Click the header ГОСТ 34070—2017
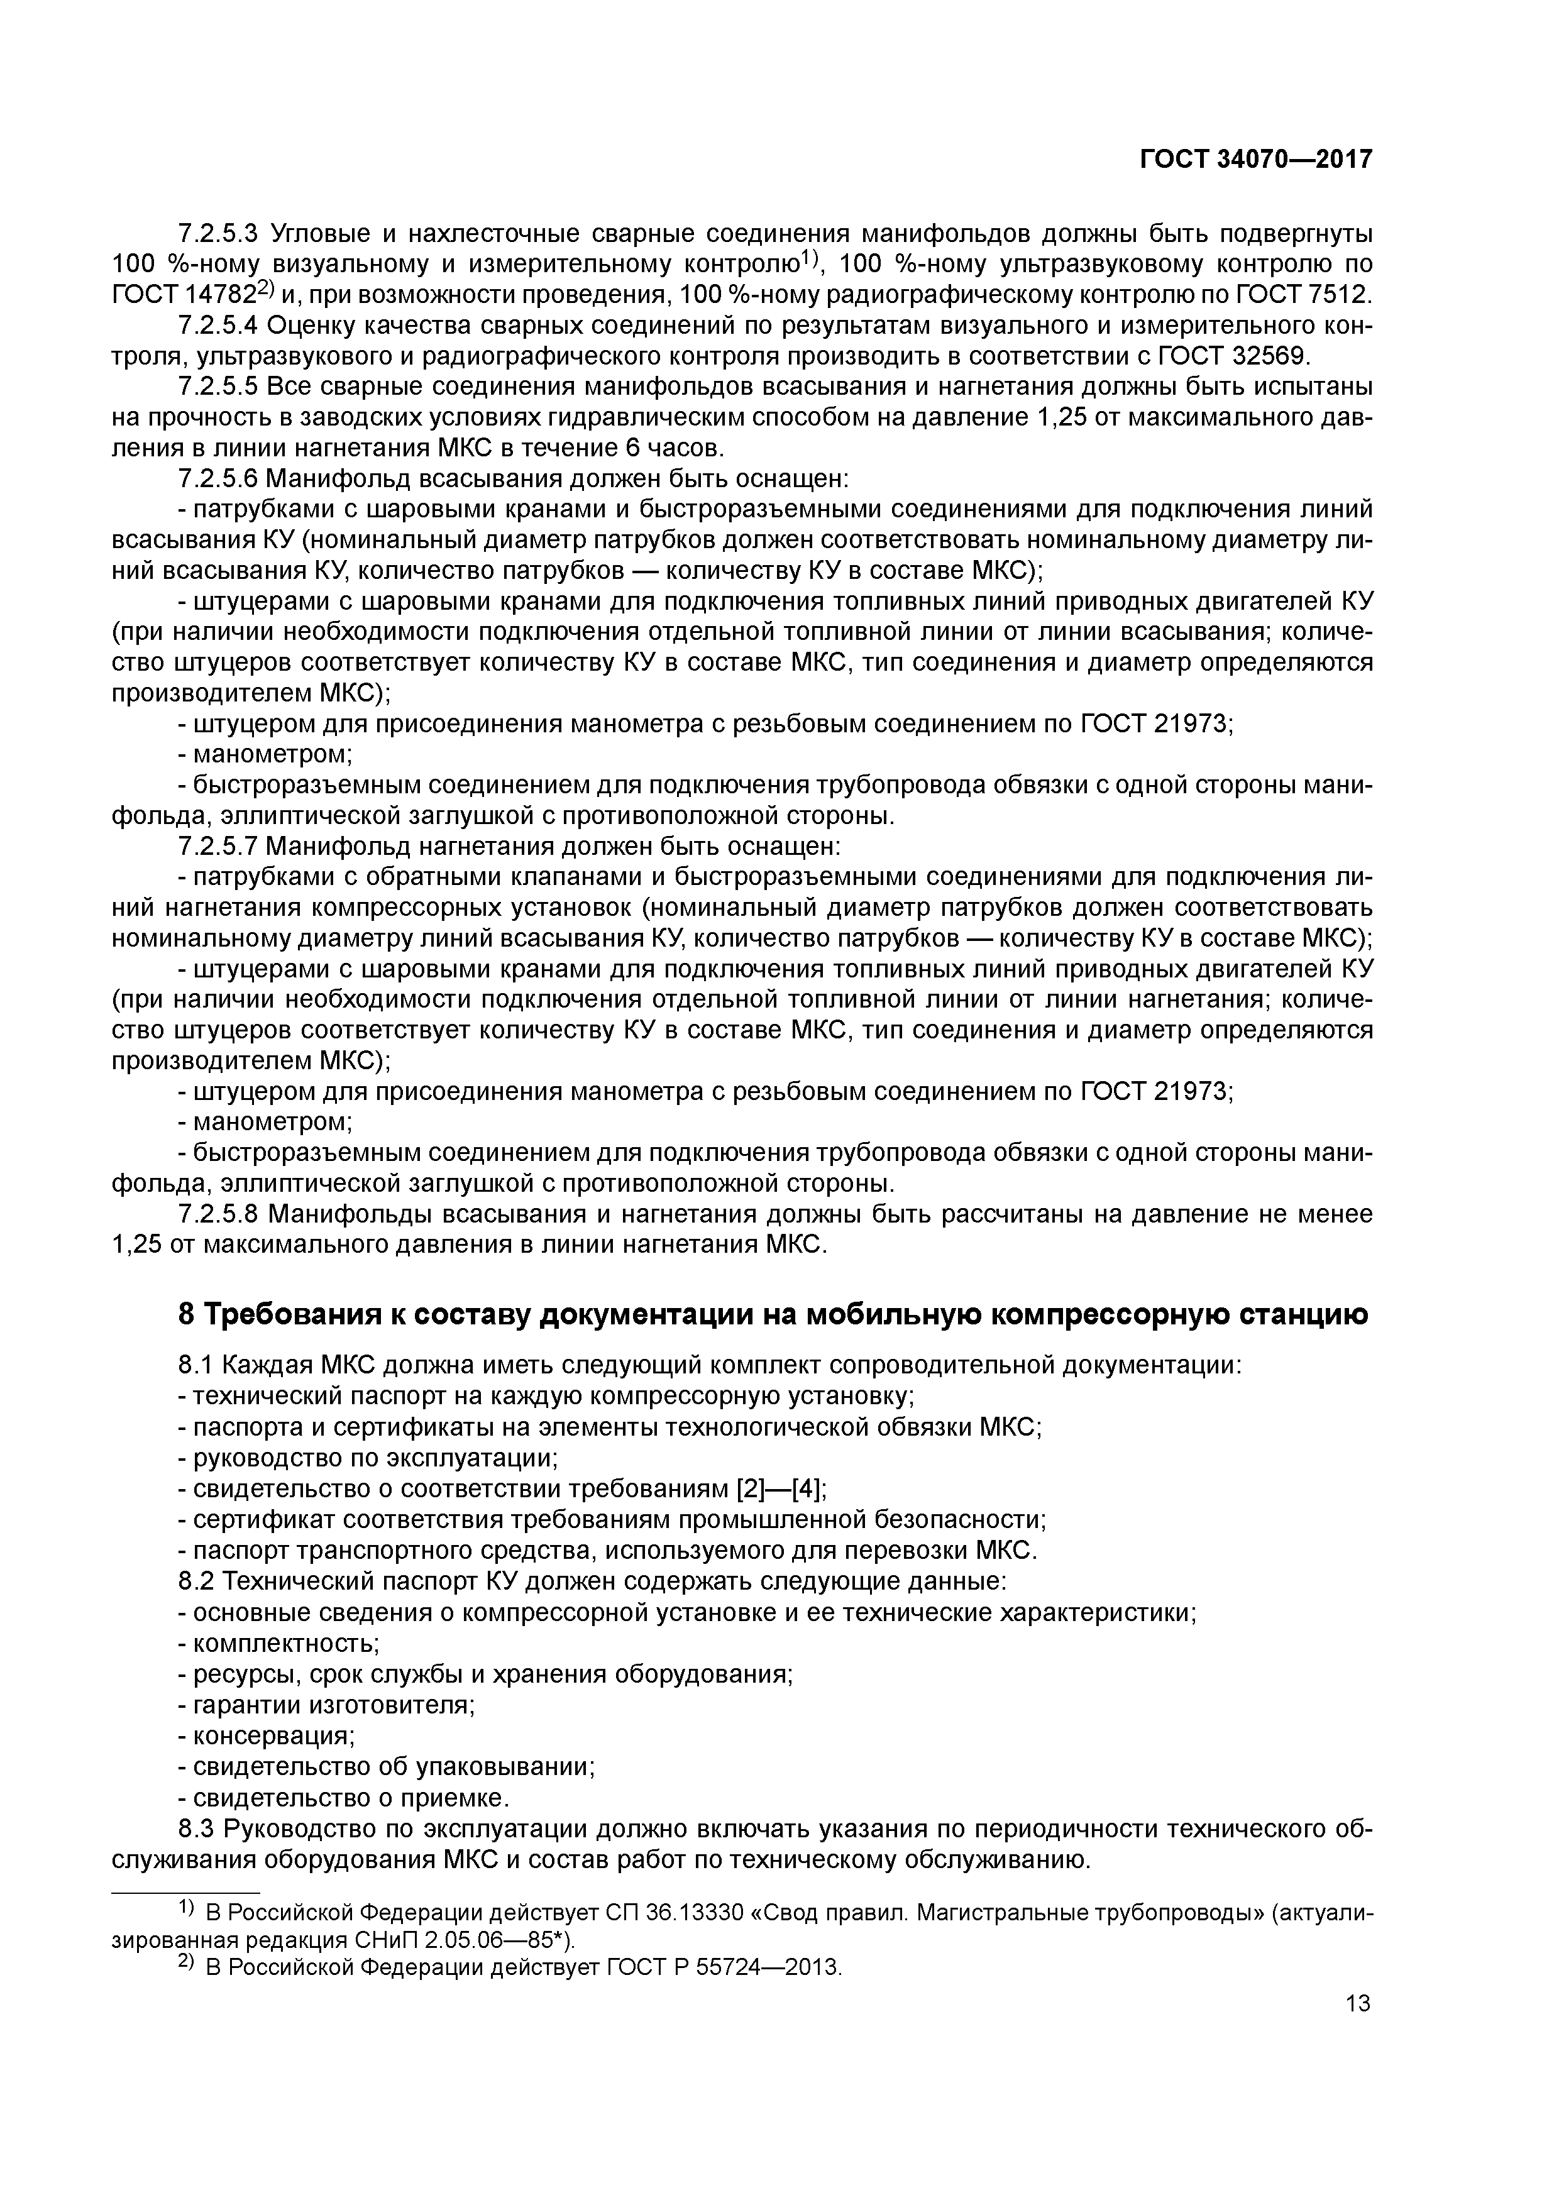(x=1255, y=160)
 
